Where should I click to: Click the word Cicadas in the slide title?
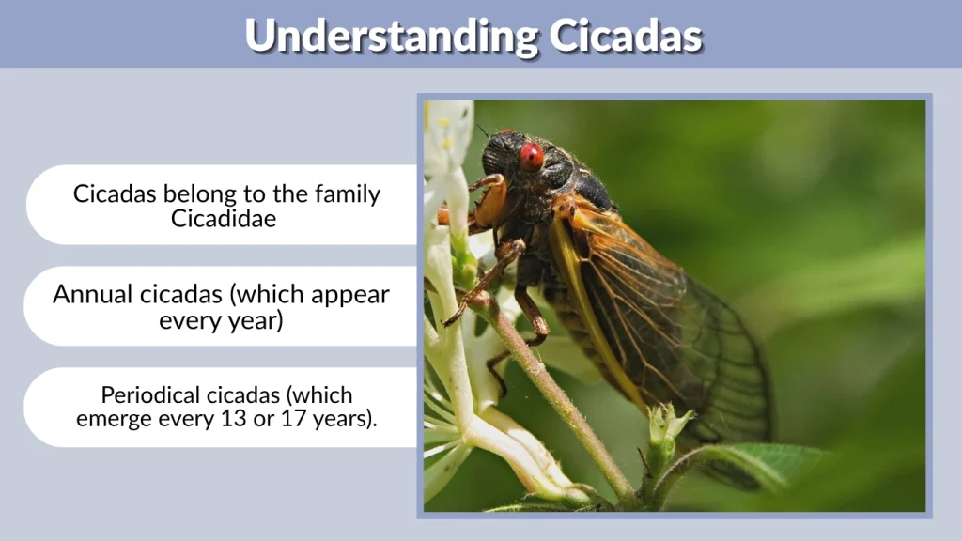(626, 37)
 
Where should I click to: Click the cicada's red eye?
(532, 155)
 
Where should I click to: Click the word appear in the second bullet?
(351, 294)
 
